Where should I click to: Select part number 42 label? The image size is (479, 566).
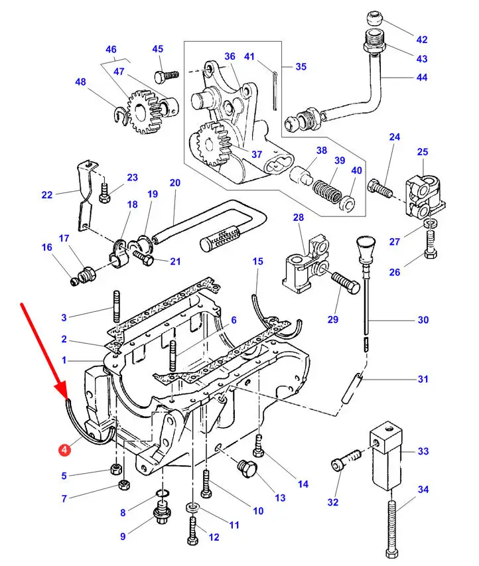click(422, 39)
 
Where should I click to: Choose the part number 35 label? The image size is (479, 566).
click(301, 67)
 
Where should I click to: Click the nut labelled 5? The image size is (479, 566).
click(115, 471)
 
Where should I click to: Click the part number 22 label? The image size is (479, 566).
click(46, 195)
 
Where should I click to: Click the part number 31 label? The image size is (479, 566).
click(422, 380)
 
